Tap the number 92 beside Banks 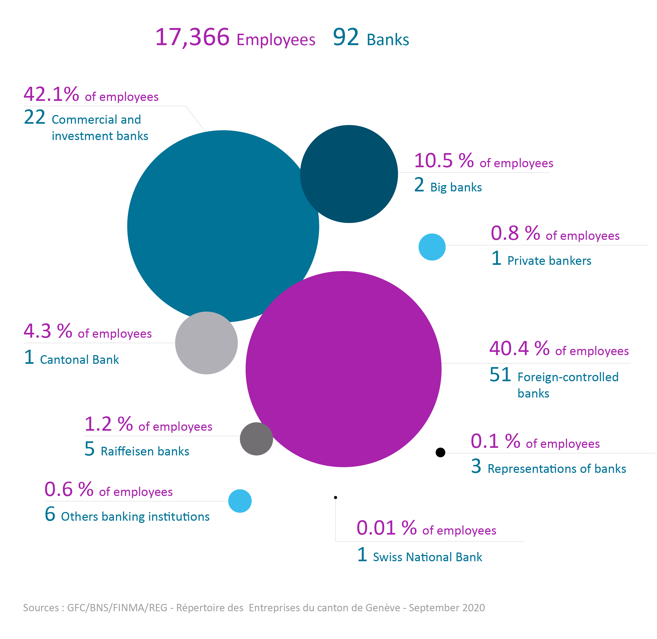346,37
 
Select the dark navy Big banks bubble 349,174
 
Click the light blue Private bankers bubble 432,247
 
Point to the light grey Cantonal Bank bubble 206,343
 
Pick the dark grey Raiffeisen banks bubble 256,439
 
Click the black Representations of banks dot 440,452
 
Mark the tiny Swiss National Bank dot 335,497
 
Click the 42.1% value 51,94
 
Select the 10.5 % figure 444,160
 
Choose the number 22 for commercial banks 35,117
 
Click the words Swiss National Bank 427,557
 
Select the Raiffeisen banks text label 145,451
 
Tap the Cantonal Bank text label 80,359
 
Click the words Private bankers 549,261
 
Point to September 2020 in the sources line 447,608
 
